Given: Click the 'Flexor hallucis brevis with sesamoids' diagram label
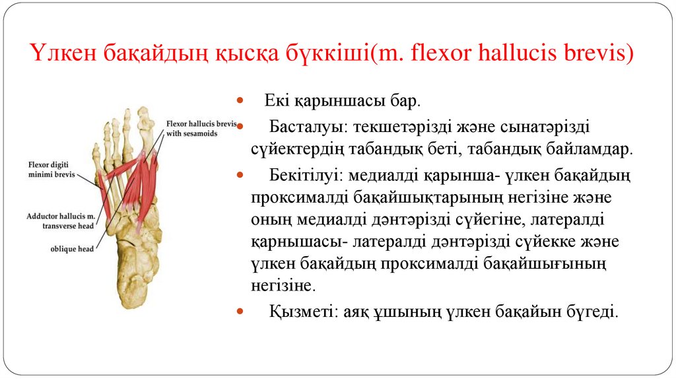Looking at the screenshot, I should coord(201,128).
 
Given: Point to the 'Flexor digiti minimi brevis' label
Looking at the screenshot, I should coord(52,170).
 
